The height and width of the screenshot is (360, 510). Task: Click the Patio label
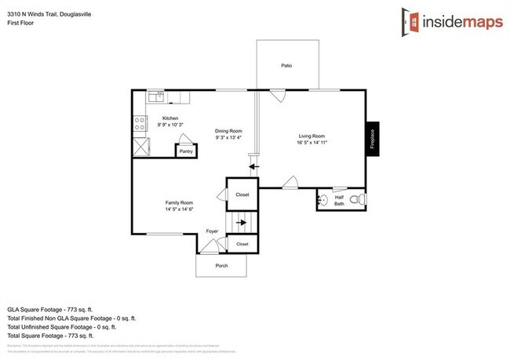pos(287,65)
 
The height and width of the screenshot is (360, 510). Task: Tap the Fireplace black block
pos(373,140)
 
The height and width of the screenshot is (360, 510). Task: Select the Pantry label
pos(186,151)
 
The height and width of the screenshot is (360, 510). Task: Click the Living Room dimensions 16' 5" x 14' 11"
pos(311,143)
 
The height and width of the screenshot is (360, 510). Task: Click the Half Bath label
pos(339,200)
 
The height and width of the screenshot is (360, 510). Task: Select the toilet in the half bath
pos(356,200)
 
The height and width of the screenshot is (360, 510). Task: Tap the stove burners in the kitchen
pos(140,123)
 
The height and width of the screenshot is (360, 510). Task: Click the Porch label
pos(221,266)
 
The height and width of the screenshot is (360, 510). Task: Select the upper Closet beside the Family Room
pos(242,194)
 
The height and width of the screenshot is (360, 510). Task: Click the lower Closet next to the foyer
pos(242,245)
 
